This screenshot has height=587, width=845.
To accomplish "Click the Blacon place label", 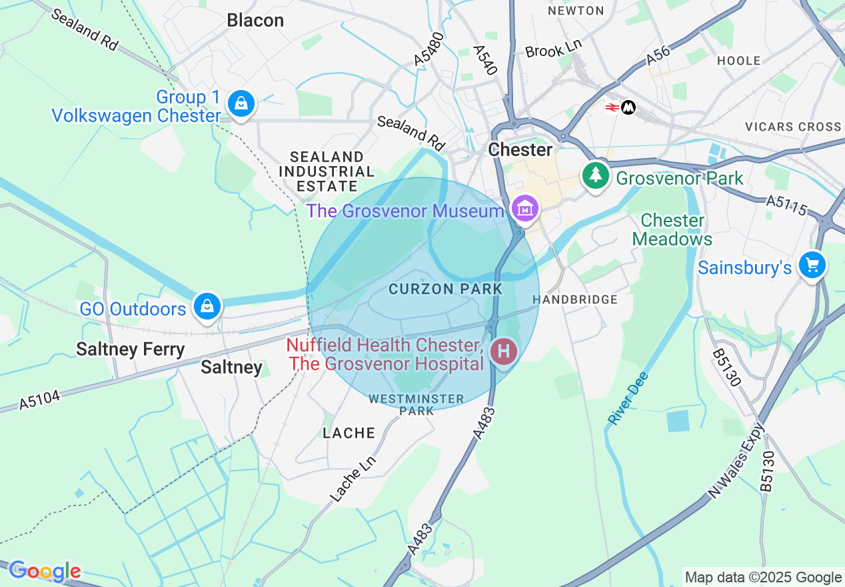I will (x=255, y=20).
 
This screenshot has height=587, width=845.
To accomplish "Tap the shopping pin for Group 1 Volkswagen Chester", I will (x=241, y=104).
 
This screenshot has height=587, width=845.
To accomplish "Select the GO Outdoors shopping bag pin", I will (x=207, y=307).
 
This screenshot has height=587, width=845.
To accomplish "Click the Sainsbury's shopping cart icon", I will (x=812, y=265).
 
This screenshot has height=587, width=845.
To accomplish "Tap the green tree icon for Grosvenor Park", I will (x=596, y=176).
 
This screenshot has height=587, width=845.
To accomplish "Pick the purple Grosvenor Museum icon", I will (x=524, y=209).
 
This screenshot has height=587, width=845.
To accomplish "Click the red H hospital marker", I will (x=503, y=351).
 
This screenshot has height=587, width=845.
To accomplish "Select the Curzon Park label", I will (x=445, y=289).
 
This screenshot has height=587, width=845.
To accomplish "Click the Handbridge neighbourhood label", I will (x=575, y=300).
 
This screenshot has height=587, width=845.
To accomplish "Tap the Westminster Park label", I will (x=417, y=404).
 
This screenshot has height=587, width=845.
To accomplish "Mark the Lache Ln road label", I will (x=353, y=478).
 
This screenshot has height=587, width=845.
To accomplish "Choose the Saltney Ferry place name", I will (x=130, y=349).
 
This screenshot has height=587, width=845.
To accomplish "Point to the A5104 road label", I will (x=39, y=399).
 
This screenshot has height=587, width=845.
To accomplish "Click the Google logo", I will (x=45, y=571).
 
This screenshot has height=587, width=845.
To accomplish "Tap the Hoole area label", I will (x=739, y=61).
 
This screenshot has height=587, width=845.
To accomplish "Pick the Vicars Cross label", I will (x=793, y=126).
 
